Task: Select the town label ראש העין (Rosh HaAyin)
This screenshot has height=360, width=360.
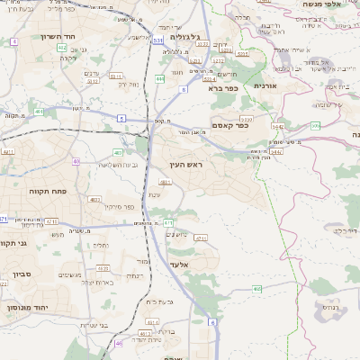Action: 187,166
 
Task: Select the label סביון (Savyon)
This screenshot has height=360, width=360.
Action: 23,272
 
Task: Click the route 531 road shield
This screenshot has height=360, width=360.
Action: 158,40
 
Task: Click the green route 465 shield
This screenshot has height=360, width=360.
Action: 257,289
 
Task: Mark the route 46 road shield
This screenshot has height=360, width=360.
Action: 119,343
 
